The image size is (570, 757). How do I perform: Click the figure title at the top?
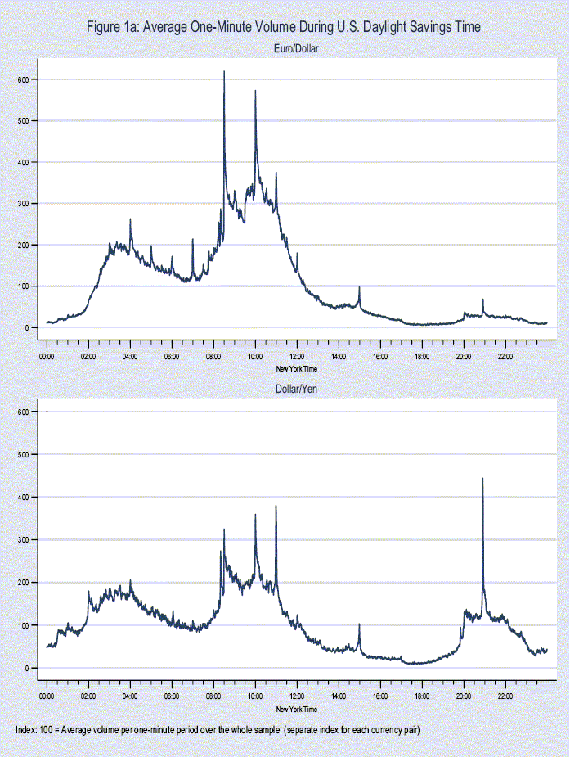284,27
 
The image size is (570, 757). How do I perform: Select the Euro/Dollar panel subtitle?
296,49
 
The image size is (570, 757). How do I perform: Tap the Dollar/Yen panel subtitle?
296,389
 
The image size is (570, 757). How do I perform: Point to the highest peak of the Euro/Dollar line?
224,73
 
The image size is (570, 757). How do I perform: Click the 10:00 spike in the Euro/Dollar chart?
255,92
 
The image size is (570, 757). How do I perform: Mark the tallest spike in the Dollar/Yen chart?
482,480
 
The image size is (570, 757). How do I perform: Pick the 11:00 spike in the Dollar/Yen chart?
276,507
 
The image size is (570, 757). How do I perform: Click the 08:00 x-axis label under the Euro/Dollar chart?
213,357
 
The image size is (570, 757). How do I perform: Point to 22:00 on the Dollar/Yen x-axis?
505,697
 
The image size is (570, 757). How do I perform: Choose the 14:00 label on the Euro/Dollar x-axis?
339,357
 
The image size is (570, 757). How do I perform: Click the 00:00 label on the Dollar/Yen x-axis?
47,697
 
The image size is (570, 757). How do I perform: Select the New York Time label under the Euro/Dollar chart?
296,368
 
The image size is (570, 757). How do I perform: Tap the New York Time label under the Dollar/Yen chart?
296,709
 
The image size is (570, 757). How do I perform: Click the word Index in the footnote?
26,729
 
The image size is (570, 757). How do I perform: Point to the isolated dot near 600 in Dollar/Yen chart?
47,412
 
